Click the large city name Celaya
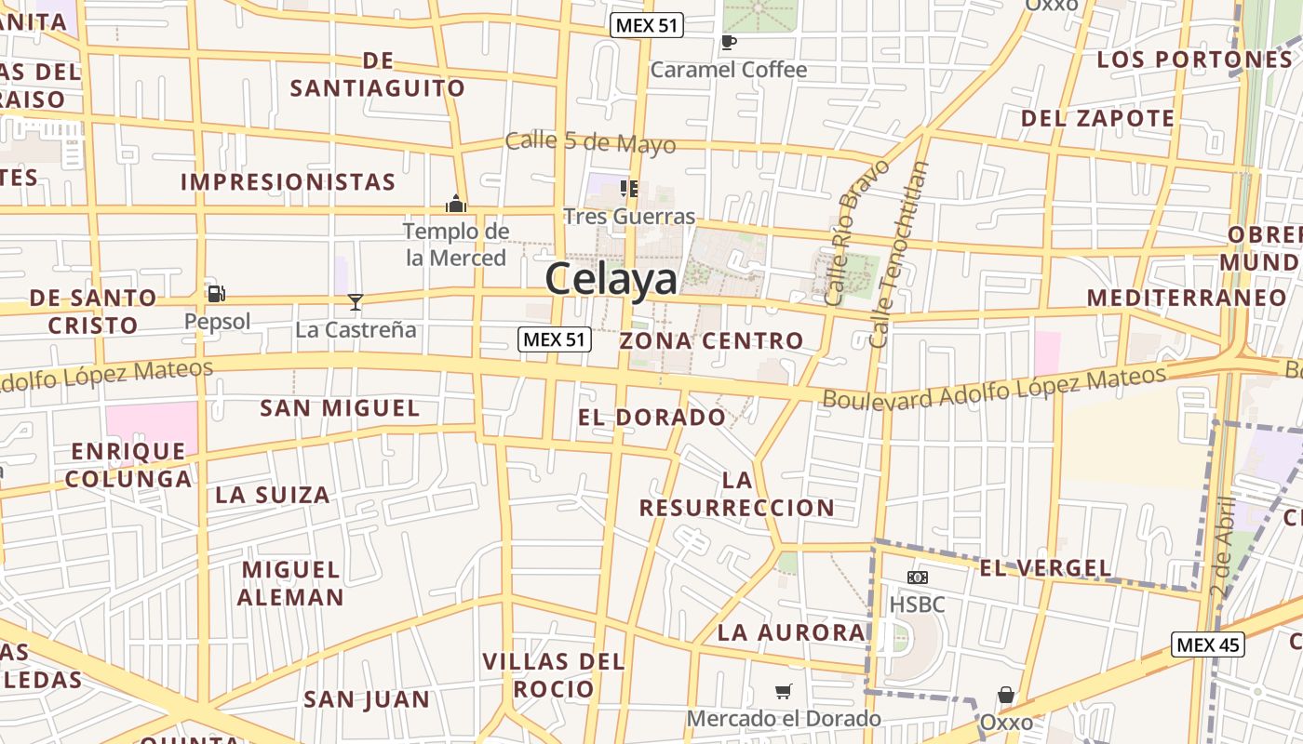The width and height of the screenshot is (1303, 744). [x=612, y=279]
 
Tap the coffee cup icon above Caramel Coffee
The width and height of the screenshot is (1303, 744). [x=728, y=42]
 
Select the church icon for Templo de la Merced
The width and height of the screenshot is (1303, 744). [x=456, y=203]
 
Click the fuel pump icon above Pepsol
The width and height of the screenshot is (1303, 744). [x=216, y=294]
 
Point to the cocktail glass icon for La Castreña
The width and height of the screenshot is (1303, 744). [x=355, y=301]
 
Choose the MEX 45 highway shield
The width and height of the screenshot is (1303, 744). [x=1207, y=644]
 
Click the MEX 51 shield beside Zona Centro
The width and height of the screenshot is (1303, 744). [x=555, y=339]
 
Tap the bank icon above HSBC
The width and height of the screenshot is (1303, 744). [x=917, y=578]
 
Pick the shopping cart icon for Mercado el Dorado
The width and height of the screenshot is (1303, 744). [x=784, y=692]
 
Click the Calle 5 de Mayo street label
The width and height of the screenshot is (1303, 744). [x=590, y=143]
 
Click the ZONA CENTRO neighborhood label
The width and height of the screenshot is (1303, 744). [x=711, y=340]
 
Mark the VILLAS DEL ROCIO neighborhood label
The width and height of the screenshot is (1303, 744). [x=553, y=675]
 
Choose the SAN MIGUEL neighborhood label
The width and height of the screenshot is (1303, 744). [x=340, y=408]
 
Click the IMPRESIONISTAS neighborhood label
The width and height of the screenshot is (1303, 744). [x=289, y=182]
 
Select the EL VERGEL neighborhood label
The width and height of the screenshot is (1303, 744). [x=1045, y=568]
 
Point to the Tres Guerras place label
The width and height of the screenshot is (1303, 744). [x=629, y=217]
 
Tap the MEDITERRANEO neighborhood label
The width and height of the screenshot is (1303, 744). [x=1186, y=298]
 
